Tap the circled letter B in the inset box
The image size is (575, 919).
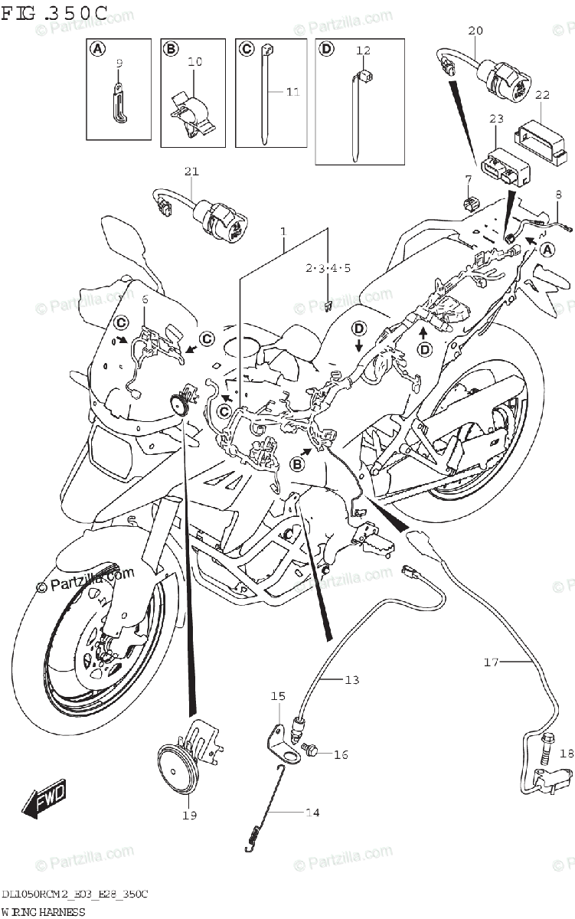pyautogui.click(x=171, y=49)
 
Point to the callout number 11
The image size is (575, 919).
pyautogui.click(x=292, y=92)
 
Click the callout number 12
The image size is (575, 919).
pyautogui.click(x=363, y=51)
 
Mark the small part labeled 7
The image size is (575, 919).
pyautogui.click(x=469, y=203)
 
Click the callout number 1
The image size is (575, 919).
pyautogui.click(x=283, y=231)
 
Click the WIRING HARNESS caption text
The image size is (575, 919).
pyautogui.click(x=43, y=911)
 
